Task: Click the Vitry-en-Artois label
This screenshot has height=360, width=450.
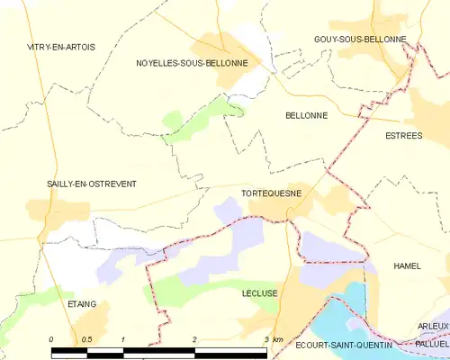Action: coord(61,47)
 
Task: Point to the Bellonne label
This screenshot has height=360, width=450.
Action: coord(305,116)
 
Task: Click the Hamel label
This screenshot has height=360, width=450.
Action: coord(407,266)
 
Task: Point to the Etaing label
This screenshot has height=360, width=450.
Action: coord(82,304)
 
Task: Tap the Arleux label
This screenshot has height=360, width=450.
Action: coord(433,326)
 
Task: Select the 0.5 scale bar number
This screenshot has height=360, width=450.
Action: coord(86,338)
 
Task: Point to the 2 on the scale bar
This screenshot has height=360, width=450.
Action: coord(194,338)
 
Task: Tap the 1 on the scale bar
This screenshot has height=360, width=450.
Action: coord(122,338)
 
